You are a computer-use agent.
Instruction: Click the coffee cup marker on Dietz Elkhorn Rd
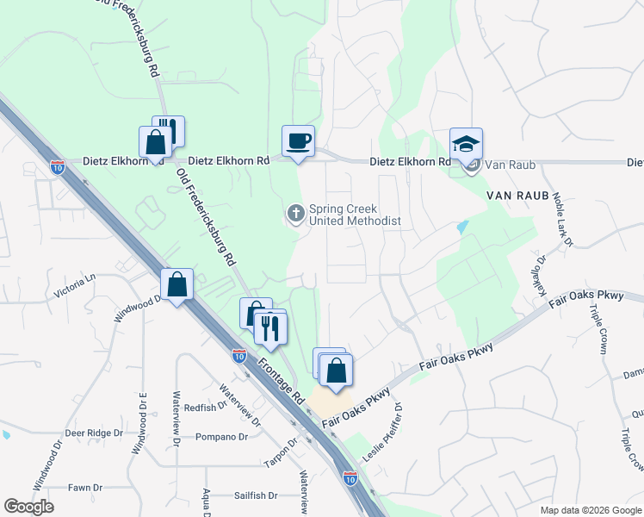pyautogui.click(x=298, y=141)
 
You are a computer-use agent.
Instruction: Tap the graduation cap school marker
pyautogui.click(x=466, y=144)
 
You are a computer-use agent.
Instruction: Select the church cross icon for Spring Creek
pyautogui.click(x=296, y=213)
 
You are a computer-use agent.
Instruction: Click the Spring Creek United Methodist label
pyautogui.click(x=355, y=215)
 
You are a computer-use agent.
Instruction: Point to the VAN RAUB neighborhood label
pyautogui.click(x=517, y=196)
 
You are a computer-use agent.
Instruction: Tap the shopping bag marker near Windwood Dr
pyautogui.click(x=176, y=284)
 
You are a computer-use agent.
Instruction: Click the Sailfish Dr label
pyautogui.click(x=256, y=495)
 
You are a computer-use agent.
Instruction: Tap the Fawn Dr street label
pyautogui.click(x=86, y=488)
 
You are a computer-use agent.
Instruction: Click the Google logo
pyautogui.click(x=28, y=507)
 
